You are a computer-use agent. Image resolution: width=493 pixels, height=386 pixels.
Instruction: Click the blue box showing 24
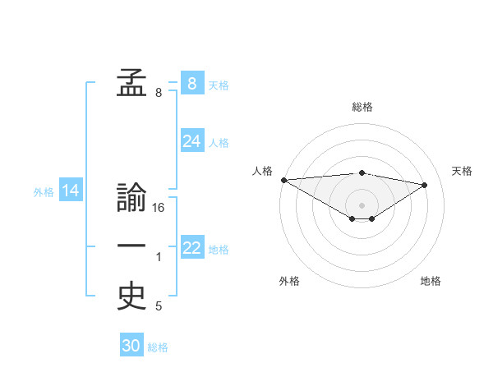(192, 141)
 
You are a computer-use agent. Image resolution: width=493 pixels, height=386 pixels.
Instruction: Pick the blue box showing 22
(192, 248)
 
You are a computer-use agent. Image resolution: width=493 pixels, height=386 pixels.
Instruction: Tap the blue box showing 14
(71, 191)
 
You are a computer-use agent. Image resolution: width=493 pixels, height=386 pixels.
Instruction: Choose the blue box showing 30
(131, 346)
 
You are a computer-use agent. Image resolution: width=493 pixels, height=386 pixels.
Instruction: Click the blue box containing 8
(191, 83)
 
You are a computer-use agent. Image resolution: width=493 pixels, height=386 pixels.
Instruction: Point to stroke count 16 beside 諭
(159, 208)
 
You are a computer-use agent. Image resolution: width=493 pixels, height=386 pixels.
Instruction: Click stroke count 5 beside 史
(159, 306)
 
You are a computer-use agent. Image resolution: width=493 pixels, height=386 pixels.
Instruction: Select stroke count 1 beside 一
(159, 258)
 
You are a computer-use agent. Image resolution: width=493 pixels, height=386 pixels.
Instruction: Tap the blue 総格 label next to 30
(158, 347)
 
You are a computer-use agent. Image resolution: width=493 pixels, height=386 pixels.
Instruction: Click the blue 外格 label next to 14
(44, 192)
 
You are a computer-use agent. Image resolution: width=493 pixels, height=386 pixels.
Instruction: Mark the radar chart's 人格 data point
(283, 180)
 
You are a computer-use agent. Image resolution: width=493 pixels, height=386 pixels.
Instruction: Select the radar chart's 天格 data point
(425, 184)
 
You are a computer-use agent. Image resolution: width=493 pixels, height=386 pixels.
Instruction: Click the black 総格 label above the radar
(362, 107)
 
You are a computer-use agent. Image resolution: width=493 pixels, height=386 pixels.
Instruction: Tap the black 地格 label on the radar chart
(431, 281)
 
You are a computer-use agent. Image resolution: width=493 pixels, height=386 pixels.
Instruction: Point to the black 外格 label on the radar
(289, 281)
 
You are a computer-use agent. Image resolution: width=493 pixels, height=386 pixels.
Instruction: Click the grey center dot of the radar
(362, 204)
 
